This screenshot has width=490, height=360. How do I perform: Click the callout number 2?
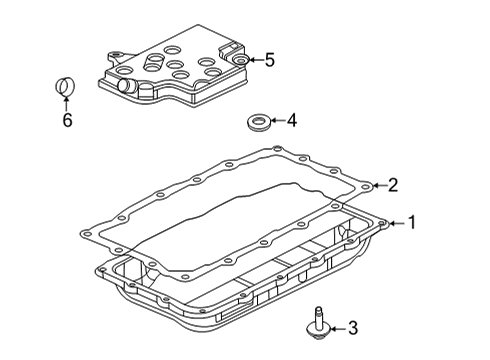394,184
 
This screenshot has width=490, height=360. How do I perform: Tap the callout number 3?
351,328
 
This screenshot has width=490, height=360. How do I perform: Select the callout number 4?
291,123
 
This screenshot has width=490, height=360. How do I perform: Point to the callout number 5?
269,60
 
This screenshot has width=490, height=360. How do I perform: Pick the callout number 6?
67,119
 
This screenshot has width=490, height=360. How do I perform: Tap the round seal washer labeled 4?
259,125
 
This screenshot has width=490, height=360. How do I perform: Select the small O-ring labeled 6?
66,89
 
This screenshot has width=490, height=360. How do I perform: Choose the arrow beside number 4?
277,123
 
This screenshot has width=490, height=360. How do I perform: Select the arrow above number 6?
67,104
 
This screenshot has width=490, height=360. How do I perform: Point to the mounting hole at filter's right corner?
241,62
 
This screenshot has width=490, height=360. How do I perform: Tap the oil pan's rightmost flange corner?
385,225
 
